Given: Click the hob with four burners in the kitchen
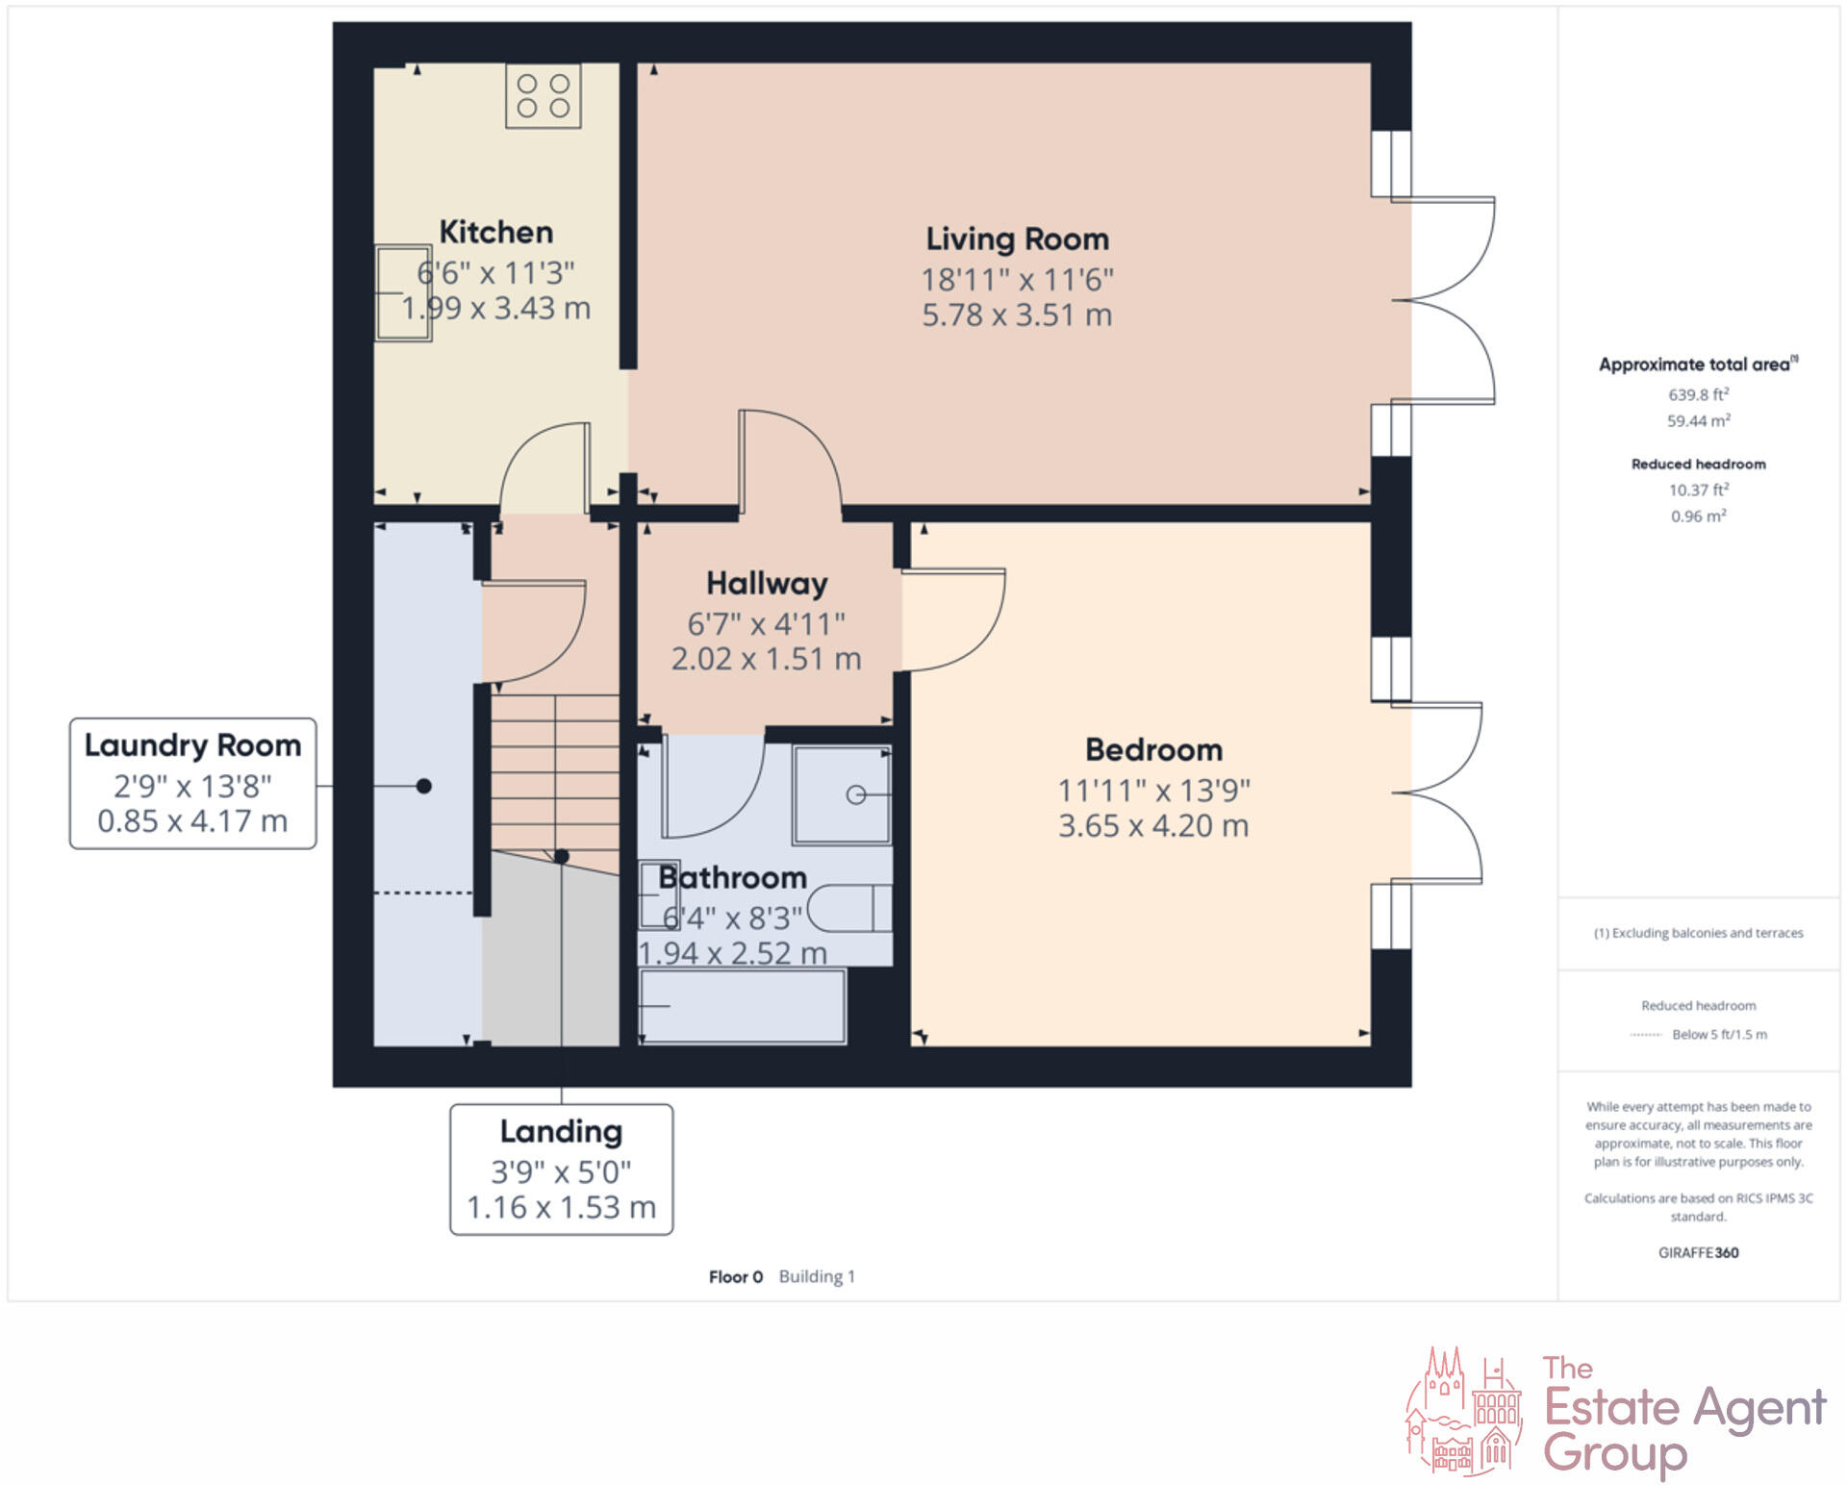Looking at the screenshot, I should point(544,96).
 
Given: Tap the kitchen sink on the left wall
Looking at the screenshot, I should point(402,292).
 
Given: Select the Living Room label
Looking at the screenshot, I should point(1017,239).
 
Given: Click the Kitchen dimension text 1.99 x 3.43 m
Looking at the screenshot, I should point(495,309).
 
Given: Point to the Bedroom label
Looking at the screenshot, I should point(1153,749).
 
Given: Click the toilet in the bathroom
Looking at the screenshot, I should point(849,908).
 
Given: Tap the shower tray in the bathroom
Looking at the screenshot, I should point(842,794).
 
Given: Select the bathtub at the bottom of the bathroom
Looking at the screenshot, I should point(742,1006).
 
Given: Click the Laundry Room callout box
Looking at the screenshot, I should point(192,783).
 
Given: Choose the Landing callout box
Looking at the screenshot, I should point(561,1169).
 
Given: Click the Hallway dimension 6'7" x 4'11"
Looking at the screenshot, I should point(766,624).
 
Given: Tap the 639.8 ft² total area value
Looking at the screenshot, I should point(1698,394).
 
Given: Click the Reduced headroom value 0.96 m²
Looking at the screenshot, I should point(1698,516).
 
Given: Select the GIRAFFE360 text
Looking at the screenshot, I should point(1698,1252).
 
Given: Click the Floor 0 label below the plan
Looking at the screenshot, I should point(735,1276).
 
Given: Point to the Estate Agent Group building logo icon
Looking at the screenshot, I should point(1464,1411).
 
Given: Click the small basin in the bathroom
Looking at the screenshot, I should point(659,894).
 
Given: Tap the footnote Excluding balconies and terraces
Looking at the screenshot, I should point(1698,933).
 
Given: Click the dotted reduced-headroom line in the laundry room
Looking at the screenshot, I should point(423,893).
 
